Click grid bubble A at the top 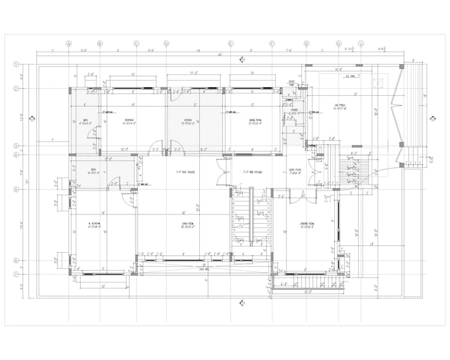click(69, 44)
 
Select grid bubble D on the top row click(166, 44)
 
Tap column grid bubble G click(306, 44)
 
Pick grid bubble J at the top click(361, 44)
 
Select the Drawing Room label click(306, 224)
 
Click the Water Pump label click(291, 84)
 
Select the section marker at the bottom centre click(242, 302)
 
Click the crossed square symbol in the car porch click(380, 84)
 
